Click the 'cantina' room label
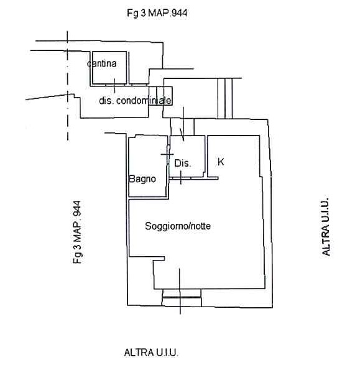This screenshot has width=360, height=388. coord(102,63)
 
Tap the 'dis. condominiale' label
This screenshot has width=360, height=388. coord(135,101)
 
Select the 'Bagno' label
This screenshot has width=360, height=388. coord(142,179)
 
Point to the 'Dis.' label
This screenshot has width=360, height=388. coord(183,163)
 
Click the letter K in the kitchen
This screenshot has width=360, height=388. coord(221,162)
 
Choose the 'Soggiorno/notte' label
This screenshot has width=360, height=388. coord(178,226)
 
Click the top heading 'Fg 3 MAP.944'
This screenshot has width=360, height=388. coord(157,13)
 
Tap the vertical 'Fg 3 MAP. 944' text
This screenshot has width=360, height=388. coord(77,232)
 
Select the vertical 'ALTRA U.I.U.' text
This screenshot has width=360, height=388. coord(326,226)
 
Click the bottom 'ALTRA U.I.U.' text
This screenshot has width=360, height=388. coord(151,353)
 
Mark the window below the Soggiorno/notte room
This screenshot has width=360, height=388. coord(182,297)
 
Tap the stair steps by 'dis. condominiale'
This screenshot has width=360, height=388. coord(160,96)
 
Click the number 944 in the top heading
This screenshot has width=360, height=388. coord(180,13)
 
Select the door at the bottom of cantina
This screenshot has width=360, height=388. coord(114,85)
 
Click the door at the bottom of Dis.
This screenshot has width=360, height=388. coord(180,178)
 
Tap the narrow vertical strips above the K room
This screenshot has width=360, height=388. coord(225,98)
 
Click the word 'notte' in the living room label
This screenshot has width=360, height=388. coord(201,226)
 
